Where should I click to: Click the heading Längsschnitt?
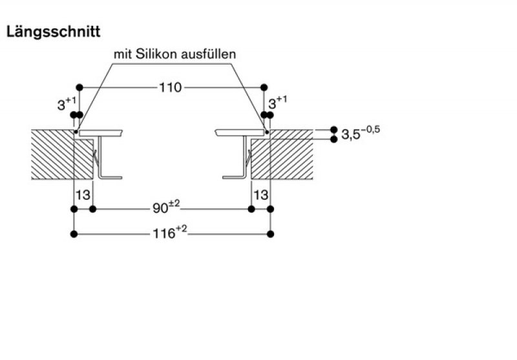coord(53,32)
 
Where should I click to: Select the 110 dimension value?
coord(171,87)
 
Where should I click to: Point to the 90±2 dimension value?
coord(166,207)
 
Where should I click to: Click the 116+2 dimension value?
coord(169,233)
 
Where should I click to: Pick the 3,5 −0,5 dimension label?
coord(361,133)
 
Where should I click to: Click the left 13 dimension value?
coord(83,195)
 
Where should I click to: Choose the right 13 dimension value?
coord(261,195)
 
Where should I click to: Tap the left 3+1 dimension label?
coord(67,103)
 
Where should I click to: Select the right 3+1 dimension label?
coord(278,103)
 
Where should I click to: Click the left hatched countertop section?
coord(62,154)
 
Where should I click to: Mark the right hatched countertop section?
coord(282,154)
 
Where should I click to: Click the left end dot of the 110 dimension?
coord(79,87)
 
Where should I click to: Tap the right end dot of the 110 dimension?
coord(264,87)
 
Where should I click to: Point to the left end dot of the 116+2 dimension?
coord(74,234)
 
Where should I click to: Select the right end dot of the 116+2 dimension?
coord(270,234)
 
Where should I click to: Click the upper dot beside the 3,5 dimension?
coord(333,129)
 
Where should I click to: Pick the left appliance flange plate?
coord(101,132)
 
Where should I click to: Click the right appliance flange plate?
coord(240,132)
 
